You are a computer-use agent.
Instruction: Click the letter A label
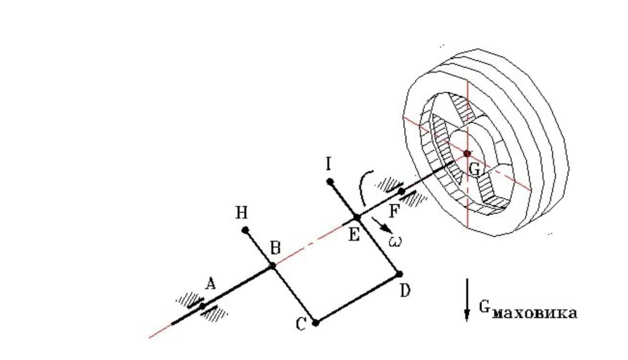pyautogui.click(x=211, y=285)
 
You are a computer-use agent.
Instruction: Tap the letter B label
pyautogui.click(x=275, y=248)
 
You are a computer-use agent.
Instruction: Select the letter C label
pyautogui.click(x=301, y=325)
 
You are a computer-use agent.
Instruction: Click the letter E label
pyautogui.click(x=354, y=235)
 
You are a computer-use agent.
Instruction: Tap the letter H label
pyautogui.click(x=241, y=213)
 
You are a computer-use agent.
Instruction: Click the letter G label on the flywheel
pyautogui.click(x=474, y=170)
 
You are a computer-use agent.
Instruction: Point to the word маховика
pyautogui.click(x=535, y=313)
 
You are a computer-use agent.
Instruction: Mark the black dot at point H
pyautogui.click(x=245, y=230)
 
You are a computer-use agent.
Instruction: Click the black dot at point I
pyautogui.click(x=330, y=182)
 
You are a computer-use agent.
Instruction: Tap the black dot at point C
pyautogui.click(x=316, y=323)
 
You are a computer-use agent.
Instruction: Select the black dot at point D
pyautogui.click(x=399, y=274)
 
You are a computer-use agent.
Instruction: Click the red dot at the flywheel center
pyautogui.click(x=467, y=154)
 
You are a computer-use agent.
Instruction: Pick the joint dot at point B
pyautogui.click(x=273, y=266)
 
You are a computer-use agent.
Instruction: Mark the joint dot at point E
pyautogui.click(x=357, y=217)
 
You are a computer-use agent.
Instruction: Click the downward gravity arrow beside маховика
pyautogui.click(x=467, y=300)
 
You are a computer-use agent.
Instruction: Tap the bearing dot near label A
pyautogui.click(x=202, y=306)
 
